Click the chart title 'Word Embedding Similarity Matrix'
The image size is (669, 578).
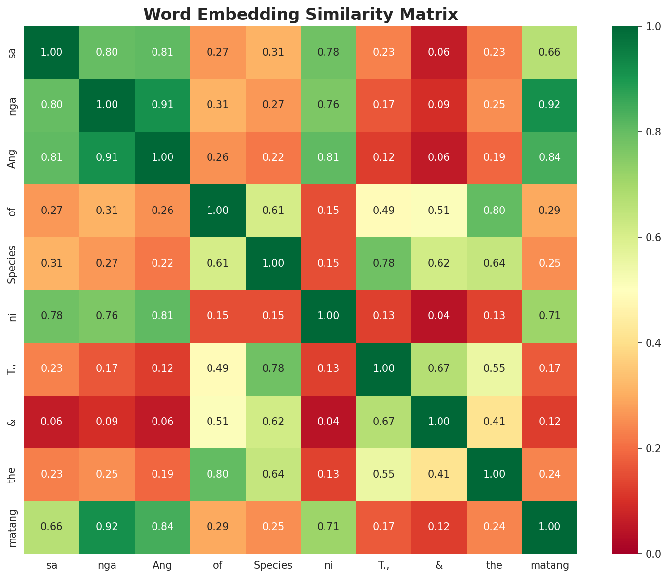301,14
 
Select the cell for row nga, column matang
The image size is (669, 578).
550,105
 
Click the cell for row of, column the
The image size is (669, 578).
494,211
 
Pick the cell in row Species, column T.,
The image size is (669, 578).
384,264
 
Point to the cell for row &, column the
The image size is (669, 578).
494,422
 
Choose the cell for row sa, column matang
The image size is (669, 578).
550,53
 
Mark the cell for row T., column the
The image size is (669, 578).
494,369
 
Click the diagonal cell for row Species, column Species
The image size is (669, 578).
273,264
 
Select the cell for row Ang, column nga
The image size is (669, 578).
107,158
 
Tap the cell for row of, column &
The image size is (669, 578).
439,211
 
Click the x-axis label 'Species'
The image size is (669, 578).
273,566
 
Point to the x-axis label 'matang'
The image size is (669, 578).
550,566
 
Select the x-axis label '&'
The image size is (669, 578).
439,566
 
